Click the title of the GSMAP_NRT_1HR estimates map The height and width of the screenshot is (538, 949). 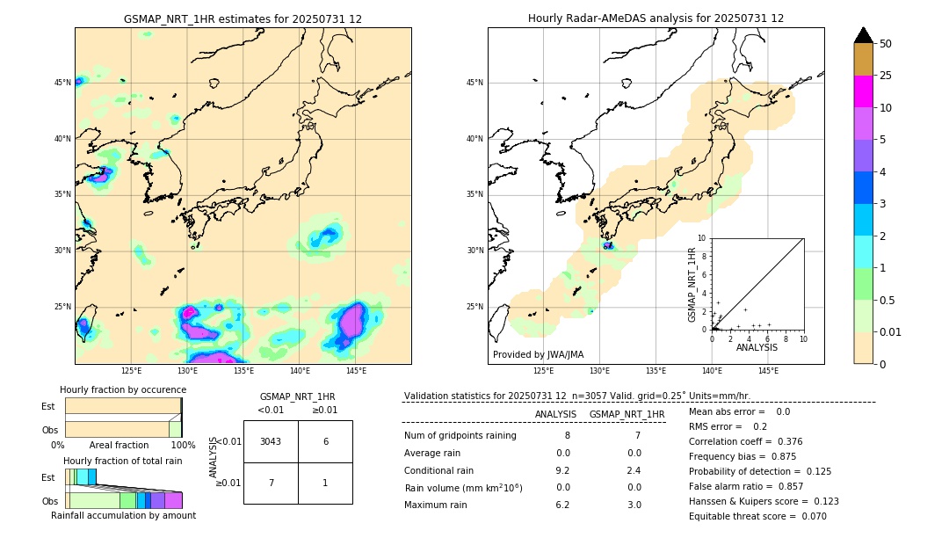tap(243, 18)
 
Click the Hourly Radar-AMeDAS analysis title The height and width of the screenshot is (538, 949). tap(656, 18)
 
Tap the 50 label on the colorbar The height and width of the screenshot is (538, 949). tap(886, 44)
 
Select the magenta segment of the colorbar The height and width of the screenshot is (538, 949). tap(863, 91)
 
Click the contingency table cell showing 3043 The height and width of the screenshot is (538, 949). tap(271, 441)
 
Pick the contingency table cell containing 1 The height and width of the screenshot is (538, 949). tap(325, 483)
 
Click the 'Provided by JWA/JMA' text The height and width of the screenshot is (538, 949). tap(538, 354)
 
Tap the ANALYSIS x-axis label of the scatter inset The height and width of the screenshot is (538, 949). tap(757, 347)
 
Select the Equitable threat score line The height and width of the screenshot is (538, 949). tap(757, 516)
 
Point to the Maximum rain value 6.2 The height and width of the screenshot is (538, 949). tap(562, 505)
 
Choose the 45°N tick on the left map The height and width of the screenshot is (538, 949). tap(62, 83)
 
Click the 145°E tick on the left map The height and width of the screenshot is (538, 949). tap(356, 371)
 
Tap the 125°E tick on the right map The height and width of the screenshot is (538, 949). tap(544, 371)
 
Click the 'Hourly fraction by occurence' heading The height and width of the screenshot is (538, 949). tap(123, 389)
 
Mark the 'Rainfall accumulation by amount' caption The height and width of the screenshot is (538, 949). tap(123, 515)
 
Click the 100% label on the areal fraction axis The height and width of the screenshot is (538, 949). tap(183, 445)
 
